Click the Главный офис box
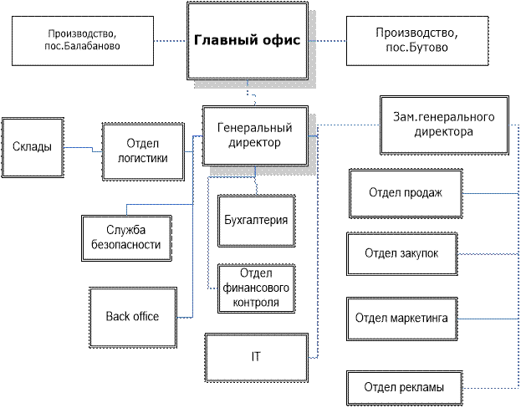(x=247, y=42)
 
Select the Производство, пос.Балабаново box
(x=84, y=41)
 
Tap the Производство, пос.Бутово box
(x=416, y=41)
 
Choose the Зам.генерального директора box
(x=443, y=123)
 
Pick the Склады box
(x=33, y=147)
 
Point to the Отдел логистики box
(x=143, y=150)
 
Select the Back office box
(x=132, y=316)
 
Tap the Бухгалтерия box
(x=256, y=221)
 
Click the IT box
(x=256, y=356)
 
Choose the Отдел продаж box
(x=405, y=194)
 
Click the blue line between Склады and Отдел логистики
(x=83, y=149)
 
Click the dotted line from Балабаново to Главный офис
(x=171, y=41)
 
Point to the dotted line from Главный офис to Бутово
(x=332, y=41)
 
